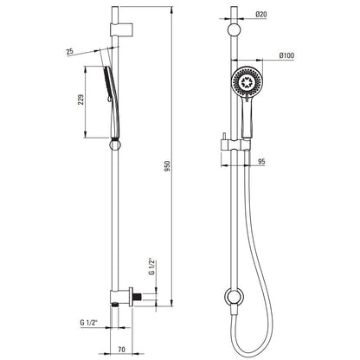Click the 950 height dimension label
168,166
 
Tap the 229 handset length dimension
81,100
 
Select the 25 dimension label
70,52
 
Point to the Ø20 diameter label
261,14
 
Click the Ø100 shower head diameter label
286,55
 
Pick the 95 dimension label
261,162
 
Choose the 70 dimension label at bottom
122,350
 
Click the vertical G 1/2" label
152,267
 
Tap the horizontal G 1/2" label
89,323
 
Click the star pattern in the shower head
247,81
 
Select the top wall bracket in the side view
122,29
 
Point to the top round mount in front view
234,30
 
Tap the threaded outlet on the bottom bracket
138,297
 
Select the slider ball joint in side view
115,145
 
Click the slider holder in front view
235,145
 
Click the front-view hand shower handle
247,115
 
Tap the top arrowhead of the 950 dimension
172,10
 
